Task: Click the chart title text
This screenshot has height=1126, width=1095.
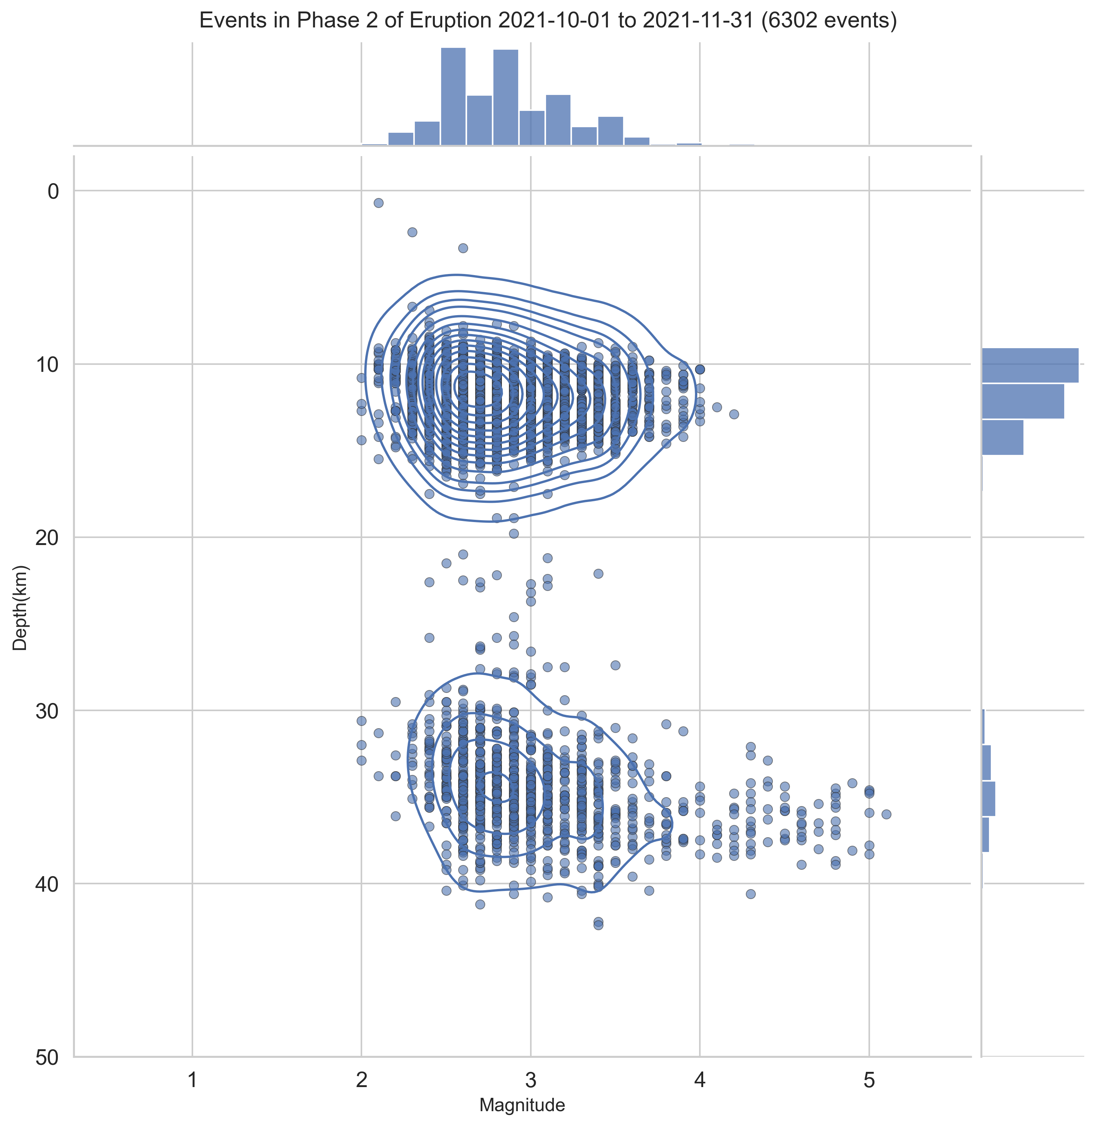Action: (547, 21)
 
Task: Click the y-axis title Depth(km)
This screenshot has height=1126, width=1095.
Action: (20, 608)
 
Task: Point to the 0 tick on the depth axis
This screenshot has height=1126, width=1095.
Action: (53, 192)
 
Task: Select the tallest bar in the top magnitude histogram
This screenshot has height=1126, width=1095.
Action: (453, 97)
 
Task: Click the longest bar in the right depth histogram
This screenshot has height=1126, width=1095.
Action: (1029, 365)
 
